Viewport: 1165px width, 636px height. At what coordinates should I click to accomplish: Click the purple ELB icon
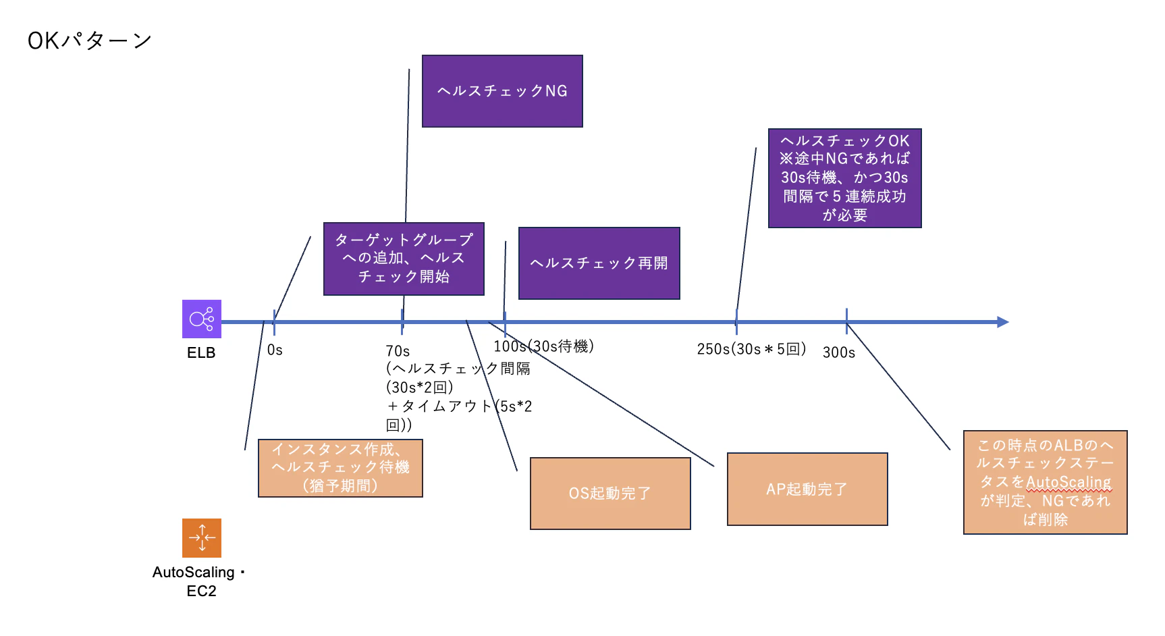click(201, 319)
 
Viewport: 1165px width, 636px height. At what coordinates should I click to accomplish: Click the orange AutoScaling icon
click(201, 537)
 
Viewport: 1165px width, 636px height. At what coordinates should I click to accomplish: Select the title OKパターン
click(89, 41)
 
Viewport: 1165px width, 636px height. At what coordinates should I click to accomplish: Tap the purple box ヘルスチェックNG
click(502, 91)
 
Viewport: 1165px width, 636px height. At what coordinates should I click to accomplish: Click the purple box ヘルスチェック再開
click(599, 263)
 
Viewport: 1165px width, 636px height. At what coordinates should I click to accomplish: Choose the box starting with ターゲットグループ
click(404, 259)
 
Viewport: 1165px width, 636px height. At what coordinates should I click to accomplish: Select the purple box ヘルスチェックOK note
click(844, 178)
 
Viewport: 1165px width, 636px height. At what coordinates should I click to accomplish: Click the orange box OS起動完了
click(610, 494)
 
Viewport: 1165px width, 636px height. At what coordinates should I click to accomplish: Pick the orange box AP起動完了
click(807, 489)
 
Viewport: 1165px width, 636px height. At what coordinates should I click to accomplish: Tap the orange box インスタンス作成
click(340, 468)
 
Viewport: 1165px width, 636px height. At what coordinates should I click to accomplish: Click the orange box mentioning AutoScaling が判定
click(1045, 482)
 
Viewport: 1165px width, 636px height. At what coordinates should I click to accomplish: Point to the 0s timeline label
click(275, 350)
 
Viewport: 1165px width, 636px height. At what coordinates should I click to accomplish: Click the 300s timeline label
click(838, 352)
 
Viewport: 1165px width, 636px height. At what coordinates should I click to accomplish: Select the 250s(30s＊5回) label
click(751, 349)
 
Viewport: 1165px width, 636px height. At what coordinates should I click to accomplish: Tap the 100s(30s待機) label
click(543, 346)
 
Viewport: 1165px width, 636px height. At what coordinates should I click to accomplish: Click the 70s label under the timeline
click(398, 351)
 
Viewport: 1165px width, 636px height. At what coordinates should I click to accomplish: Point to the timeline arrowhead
click(1002, 322)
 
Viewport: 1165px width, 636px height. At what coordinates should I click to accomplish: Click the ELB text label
click(201, 352)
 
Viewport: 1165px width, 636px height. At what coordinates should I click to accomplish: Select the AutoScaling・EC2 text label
click(200, 581)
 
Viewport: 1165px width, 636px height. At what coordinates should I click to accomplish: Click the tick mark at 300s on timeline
click(846, 321)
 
